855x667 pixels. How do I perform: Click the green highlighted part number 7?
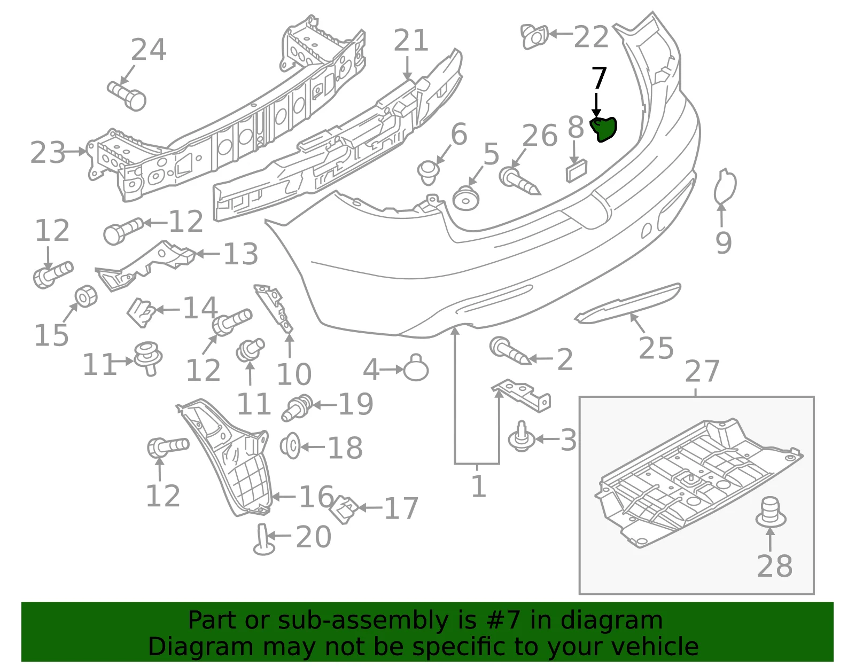tap(603, 129)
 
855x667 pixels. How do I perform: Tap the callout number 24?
tap(149, 50)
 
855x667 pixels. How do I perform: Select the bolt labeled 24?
tap(127, 96)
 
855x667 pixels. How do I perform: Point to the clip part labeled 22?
tap(534, 36)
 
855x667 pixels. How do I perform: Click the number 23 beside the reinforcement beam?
tap(48, 152)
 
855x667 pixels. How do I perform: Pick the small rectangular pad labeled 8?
tap(577, 171)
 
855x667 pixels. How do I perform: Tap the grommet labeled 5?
tap(465, 199)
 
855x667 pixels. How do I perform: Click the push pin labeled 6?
tap(428, 172)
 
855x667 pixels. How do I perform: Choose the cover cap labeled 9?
tap(725, 186)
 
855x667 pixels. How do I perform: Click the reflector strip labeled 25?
tap(627, 303)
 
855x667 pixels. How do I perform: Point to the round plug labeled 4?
tap(416, 368)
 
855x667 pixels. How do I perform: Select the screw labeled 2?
tap(510, 351)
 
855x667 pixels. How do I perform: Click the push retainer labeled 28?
tap(771, 512)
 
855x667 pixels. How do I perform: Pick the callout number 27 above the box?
tap(702, 372)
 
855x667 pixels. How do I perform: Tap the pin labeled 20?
tap(264, 539)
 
